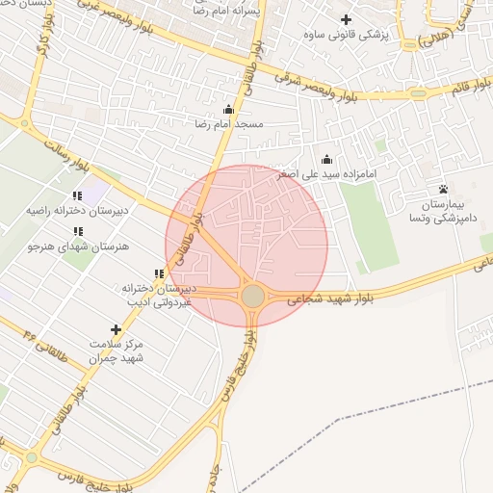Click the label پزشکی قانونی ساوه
tap(346, 37)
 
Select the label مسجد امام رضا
tap(229, 125)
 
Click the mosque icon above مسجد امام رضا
tap(228, 110)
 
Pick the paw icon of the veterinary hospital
tap(443, 189)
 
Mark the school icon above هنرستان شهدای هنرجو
tap(77, 232)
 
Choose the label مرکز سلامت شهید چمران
tap(116, 350)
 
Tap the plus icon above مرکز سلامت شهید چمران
tap(117, 329)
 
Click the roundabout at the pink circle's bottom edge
tap(253, 296)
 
